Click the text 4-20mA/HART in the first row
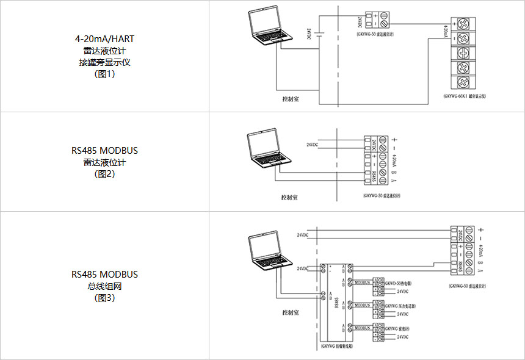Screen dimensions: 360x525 coord(104,39)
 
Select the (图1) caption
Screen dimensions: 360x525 coord(104,74)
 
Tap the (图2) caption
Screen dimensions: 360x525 coord(104,174)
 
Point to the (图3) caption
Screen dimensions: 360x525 coord(104,298)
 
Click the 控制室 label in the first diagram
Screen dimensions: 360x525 coord(290,98)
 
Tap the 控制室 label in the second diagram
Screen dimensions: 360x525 coord(289,197)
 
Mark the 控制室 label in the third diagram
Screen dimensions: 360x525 coord(290,312)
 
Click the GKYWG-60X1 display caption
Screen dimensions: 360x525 coord(469,96)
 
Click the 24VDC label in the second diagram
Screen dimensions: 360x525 coord(312,145)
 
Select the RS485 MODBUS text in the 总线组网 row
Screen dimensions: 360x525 coord(104,275)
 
